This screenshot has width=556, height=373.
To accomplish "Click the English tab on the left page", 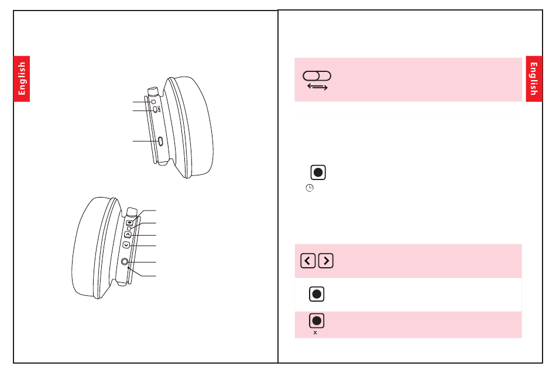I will point(22,78).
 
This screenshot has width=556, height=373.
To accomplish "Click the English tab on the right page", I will point(534,78).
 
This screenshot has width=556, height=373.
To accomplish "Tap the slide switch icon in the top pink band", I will point(317,76).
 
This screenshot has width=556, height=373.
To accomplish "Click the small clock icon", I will point(310,188).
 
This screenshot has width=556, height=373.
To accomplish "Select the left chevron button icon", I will point(308,261).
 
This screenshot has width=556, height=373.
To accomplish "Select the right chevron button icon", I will point(326,261).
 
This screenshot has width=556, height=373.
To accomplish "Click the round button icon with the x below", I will point(317,320).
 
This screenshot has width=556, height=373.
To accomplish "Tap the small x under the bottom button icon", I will point(315,333).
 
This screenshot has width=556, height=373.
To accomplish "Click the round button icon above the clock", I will point(317,172).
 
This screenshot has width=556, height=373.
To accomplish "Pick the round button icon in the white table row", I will point(317,294).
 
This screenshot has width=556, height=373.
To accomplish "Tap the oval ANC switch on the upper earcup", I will point(155,109).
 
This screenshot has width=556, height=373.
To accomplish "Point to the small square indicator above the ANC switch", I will point(153,102).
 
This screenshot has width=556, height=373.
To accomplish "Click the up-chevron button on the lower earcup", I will point(128,234).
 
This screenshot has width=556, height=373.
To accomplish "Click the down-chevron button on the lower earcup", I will point(126,246).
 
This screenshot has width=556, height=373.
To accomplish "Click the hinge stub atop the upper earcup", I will point(154,91).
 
